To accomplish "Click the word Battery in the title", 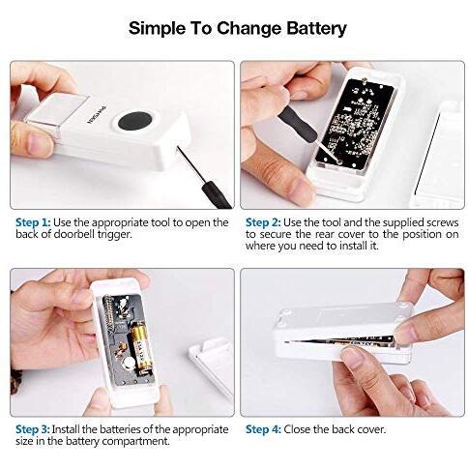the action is (316, 28).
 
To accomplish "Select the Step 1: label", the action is (33, 222).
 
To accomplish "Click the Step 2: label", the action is (263, 222).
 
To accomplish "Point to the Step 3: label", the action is (33, 429).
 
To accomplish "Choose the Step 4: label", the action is (263, 429).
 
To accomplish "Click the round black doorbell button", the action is (135, 122).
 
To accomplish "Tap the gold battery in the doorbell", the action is (141, 349).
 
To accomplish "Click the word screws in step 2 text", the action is (443, 222).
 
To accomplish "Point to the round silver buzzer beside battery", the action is (130, 364).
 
